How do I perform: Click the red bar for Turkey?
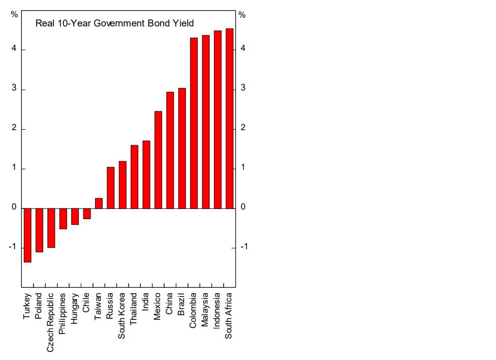pyautogui.click(x=27, y=235)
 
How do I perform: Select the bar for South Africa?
pyautogui.click(x=229, y=118)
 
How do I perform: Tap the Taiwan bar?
pyautogui.click(x=99, y=203)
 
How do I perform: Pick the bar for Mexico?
pyautogui.click(x=158, y=160)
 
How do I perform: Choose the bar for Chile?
pyautogui.click(x=87, y=214)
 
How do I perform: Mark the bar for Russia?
pyautogui.click(x=110, y=188)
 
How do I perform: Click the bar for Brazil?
pyautogui.click(x=182, y=148)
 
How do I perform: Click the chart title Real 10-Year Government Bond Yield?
pyautogui.click(x=114, y=23)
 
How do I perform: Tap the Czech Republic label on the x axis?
pyautogui.click(x=50, y=322)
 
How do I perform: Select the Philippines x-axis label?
pyautogui.click(x=63, y=313)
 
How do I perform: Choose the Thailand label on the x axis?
pyautogui.click(x=134, y=309)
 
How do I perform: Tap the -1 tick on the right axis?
pyautogui.click(x=243, y=247)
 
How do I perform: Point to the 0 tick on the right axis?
pyautogui.click(x=243, y=207)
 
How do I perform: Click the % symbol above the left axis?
pyautogui.click(x=14, y=15)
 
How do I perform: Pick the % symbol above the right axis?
pyautogui.click(x=242, y=15)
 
